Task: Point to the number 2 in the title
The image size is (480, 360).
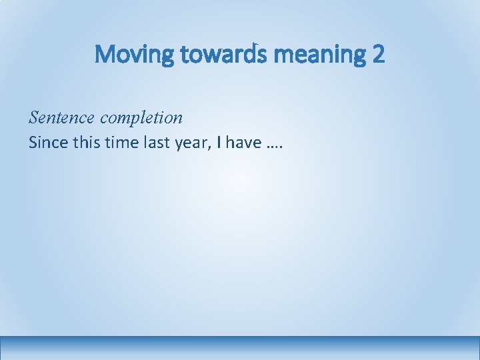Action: [x=378, y=54]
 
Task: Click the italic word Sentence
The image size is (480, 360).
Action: [x=61, y=118]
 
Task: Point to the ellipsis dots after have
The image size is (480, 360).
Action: [x=269, y=146]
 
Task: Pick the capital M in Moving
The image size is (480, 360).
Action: [x=105, y=54]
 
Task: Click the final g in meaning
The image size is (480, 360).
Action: [x=360, y=57]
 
